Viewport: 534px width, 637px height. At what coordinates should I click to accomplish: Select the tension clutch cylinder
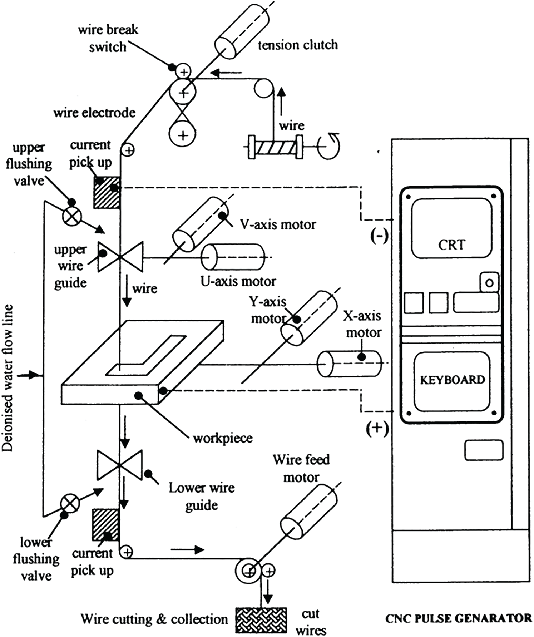242,30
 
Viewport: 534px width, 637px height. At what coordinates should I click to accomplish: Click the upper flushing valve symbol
72,216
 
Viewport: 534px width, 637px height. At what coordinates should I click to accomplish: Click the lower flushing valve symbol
70,503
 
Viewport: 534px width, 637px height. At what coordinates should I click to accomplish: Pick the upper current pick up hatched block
106,192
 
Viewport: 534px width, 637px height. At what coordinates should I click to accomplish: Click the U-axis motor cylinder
233,257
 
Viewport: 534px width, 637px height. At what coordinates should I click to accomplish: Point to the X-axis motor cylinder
349,364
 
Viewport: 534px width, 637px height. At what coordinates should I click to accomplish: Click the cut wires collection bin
261,620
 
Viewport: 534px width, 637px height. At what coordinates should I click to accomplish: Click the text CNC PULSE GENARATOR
458,618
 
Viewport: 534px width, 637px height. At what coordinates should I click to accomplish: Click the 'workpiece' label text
223,438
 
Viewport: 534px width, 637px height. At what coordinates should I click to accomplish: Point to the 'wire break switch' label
108,38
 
